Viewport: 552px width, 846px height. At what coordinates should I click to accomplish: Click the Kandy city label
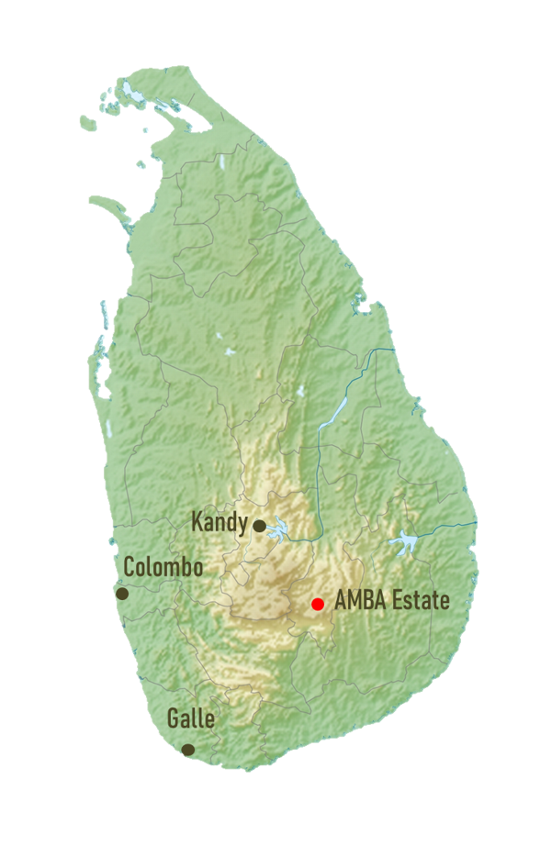[219, 523]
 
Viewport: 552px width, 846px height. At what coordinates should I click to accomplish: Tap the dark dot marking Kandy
[260, 526]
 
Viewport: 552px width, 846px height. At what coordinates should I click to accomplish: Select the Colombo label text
[163, 566]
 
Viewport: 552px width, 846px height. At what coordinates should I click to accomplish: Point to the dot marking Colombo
[122, 594]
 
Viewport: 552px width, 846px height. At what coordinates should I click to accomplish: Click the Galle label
[190, 718]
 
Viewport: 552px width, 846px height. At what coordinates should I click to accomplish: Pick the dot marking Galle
[188, 750]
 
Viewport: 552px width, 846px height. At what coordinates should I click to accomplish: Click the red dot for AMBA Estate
[318, 604]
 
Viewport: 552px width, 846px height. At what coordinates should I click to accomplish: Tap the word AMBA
[358, 602]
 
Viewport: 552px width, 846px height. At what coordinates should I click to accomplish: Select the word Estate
[419, 602]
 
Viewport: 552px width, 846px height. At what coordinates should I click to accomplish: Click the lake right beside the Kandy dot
[278, 529]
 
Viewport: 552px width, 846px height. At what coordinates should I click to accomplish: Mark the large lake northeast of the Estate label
[404, 544]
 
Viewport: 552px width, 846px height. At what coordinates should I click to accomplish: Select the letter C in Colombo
[130, 566]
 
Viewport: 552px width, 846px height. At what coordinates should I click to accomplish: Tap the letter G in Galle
[173, 718]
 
